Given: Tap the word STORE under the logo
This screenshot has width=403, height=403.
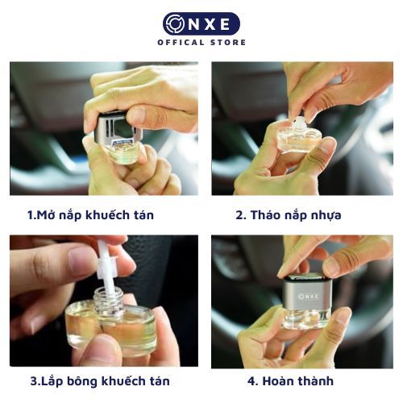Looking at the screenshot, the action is point(228,43).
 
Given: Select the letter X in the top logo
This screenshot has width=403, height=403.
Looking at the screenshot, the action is point(209,24).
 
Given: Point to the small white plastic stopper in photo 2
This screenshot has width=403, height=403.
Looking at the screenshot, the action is point(297,123).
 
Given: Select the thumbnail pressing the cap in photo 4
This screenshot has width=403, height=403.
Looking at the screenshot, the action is point(333,265).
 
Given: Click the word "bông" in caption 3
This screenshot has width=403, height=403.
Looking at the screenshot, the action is point(83,381).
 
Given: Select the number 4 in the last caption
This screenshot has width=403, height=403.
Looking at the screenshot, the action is point(251,381).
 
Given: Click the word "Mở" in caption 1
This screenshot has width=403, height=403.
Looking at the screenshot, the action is point(45,214).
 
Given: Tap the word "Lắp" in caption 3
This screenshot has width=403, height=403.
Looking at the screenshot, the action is point(52,381).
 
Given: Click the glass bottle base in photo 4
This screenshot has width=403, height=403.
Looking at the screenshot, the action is point(306,318).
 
